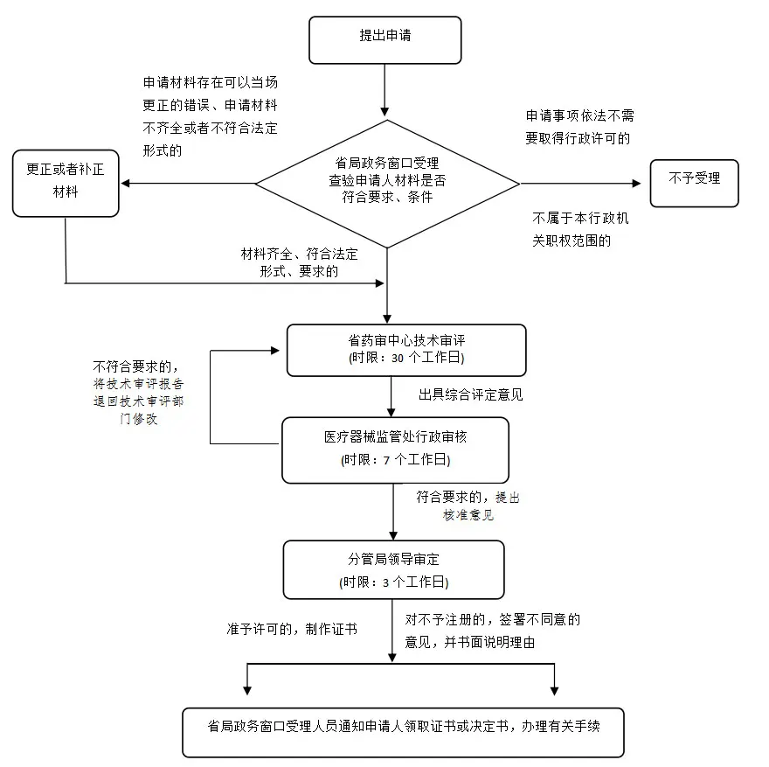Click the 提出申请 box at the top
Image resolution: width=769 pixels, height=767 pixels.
pyautogui.click(x=384, y=38)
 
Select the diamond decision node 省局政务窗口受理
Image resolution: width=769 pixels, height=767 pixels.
pyautogui.click(x=387, y=184)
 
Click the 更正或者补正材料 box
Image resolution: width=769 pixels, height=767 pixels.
pyautogui.click(x=66, y=182)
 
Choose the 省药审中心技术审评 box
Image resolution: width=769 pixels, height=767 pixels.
pyautogui.click(x=406, y=350)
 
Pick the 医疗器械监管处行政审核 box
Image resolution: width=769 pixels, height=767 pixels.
pyautogui.click(x=395, y=450)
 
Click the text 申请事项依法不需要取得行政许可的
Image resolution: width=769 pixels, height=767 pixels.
pyautogui.click(x=578, y=127)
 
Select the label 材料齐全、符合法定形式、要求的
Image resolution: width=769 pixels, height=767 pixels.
pyautogui.click(x=299, y=262)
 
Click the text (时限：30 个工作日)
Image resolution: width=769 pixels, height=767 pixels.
pyautogui.click(x=406, y=359)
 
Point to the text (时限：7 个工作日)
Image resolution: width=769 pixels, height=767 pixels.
pyautogui.click(x=395, y=460)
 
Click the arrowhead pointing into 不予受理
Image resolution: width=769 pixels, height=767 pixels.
pyautogui.click(x=636, y=184)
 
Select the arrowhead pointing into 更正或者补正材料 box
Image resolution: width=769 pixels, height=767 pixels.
pyautogui.click(x=125, y=184)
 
